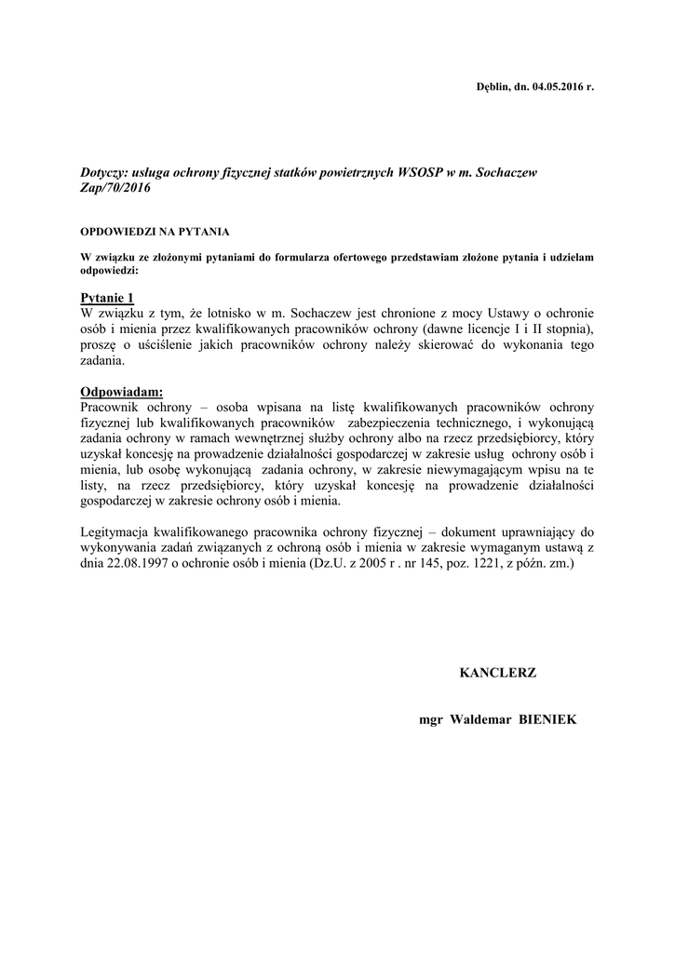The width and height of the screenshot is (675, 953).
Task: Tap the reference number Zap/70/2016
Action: [x=115, y=187]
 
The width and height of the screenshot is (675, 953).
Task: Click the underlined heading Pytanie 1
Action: [x=108, y=297]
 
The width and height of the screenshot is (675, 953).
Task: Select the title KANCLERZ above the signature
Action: [x=498, y=672]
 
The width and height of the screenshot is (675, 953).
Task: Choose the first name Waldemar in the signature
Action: [x=475, y=719]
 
